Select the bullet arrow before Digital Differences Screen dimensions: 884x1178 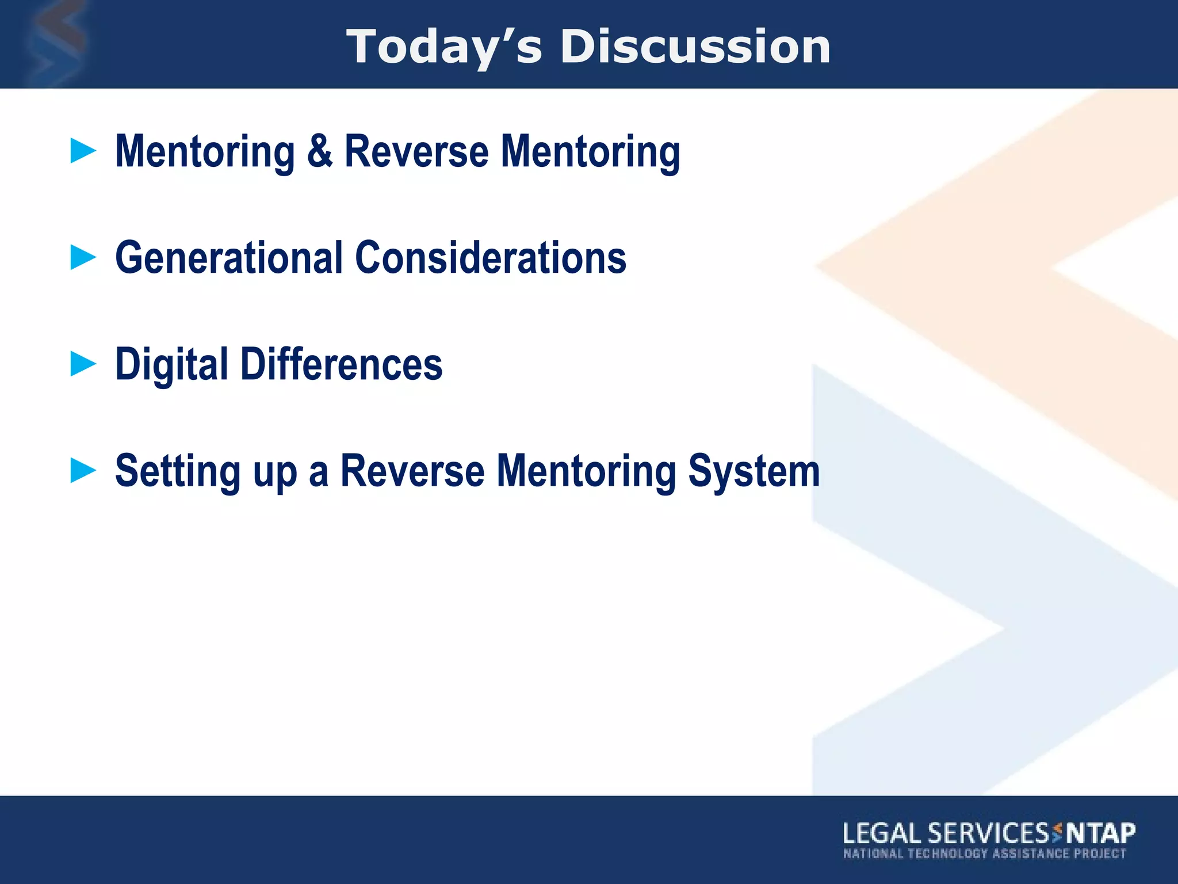(83, 364)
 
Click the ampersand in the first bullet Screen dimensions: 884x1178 (319, 151)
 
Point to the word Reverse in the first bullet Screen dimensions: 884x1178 (416, 151)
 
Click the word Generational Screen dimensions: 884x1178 (229, 258)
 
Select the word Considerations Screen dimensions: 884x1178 (491, 258)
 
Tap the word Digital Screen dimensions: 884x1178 (171, 365)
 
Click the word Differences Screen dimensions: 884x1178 (341, 365)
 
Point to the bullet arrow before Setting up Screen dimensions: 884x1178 (83, 470)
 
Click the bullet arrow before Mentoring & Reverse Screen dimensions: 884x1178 (83, 151)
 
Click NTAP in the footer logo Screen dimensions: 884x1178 (1100, 833)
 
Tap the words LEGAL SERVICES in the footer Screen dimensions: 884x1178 (945, 833)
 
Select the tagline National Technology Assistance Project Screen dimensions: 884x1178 (984, 853)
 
